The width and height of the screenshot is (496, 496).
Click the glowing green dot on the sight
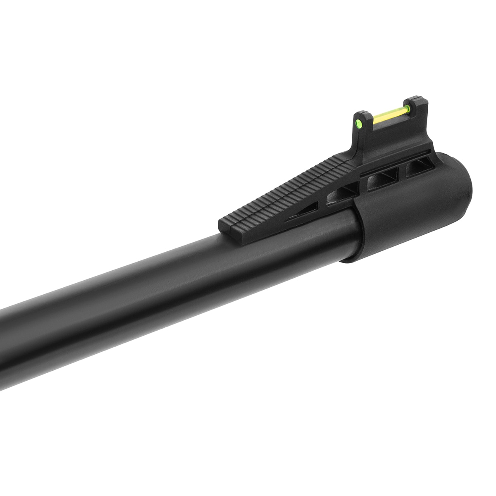pos(359,122)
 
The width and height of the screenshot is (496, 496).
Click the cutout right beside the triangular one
pos(342,194)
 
